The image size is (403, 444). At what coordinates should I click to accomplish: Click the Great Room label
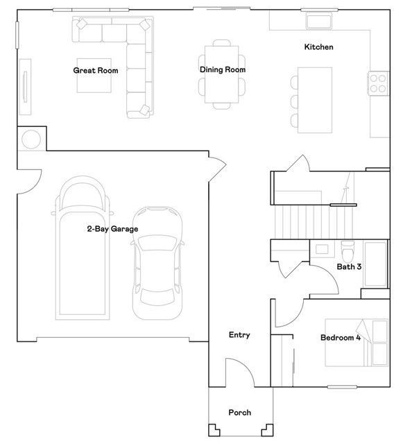(96, 70)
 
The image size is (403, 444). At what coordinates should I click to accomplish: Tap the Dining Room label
(223, 69)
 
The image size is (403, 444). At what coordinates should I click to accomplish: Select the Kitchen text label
(318, 46)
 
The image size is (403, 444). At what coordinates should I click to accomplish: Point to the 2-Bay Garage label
(112, 229)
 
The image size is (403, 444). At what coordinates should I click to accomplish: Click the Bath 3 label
(349, 266)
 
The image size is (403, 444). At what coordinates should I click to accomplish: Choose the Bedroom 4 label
(341, 338)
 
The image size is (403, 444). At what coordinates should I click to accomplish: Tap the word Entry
(239, 335)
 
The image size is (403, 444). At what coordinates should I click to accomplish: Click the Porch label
(239, 412)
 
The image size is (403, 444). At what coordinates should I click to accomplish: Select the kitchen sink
(319, 21)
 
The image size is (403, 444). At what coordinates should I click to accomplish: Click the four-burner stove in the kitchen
(378, 83)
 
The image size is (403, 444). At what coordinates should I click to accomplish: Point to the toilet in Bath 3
(348, 251)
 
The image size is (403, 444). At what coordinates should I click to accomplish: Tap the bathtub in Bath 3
(375, 264)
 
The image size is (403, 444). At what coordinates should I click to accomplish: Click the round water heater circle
(31, 139)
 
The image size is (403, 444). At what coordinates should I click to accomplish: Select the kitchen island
(315, 100)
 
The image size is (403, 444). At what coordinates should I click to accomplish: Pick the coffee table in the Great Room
(94, 76)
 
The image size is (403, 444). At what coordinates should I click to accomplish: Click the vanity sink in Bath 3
(322, 249)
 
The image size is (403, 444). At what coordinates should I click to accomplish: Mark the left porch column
(214, 430)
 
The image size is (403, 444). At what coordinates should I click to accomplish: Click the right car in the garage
(157, 263)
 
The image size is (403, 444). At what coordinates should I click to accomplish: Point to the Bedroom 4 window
(342, 387)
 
